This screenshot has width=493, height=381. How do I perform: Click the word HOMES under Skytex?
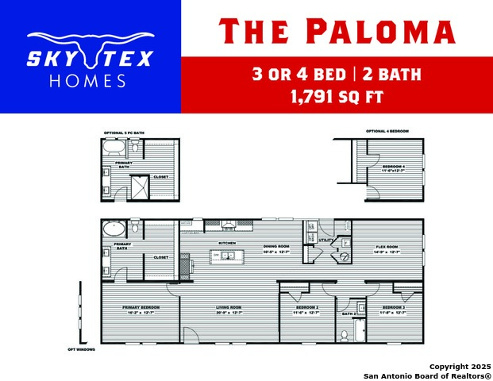coord(87,81)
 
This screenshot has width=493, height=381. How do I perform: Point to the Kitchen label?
coord(227,243)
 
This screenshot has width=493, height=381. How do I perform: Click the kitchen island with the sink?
coord(226,256)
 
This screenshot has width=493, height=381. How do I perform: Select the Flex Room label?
coord(387,246)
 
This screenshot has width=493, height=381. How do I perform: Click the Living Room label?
coord(229,307)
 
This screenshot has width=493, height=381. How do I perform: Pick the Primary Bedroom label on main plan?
coord(141,307)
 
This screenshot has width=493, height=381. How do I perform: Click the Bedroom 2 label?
coord(307,307)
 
